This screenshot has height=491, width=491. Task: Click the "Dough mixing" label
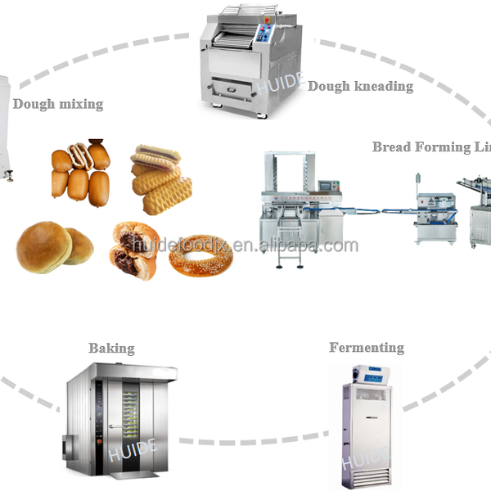(x=57, y=104)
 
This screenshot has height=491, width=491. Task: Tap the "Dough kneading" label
(x=360, y=85)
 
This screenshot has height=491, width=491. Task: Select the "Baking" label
(x=111, y=348)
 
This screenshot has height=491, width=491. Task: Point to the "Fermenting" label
(x=367, y=348)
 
